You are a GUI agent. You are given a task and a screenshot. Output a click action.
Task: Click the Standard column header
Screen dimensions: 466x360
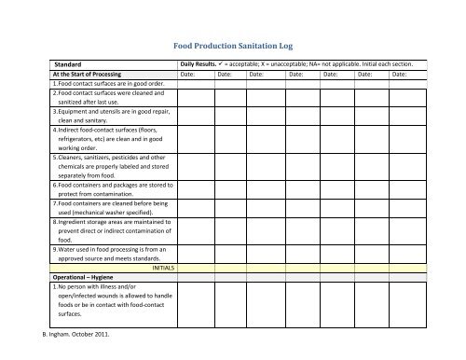71,63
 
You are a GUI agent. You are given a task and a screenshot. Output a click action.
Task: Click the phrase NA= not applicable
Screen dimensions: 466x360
349,63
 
